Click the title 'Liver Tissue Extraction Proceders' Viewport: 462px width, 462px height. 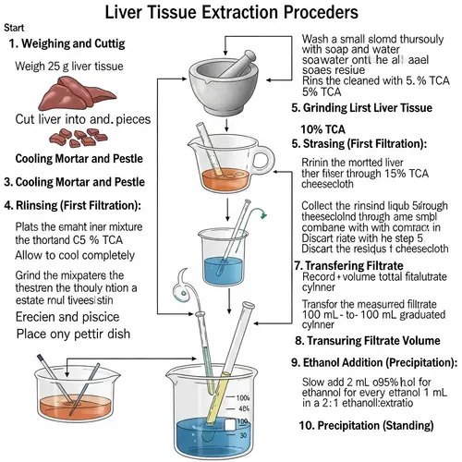[231, 14]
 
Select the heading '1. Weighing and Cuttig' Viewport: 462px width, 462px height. [74, 44]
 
